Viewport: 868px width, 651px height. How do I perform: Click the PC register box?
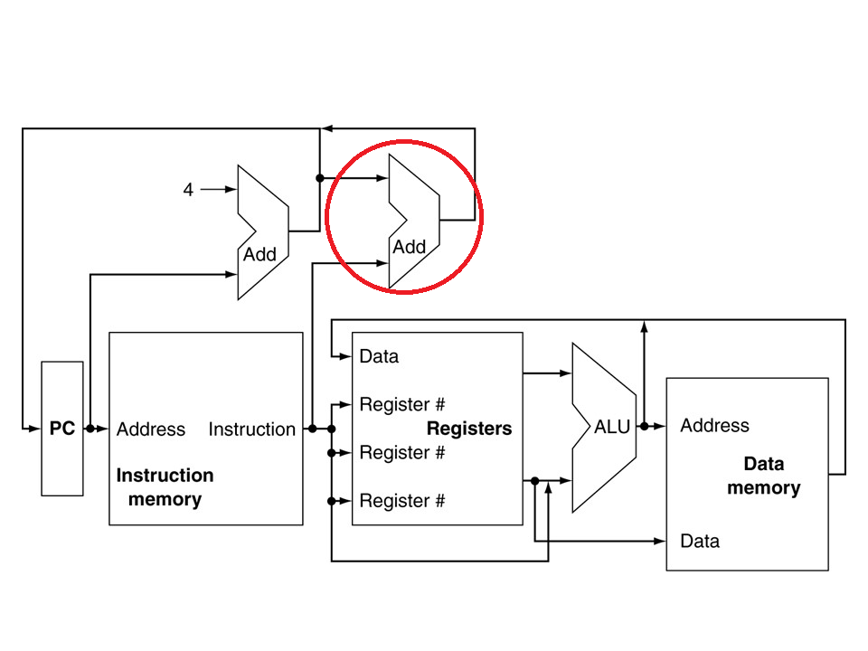tap(62, 429)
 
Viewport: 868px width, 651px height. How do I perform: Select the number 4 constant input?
tap(188, 190)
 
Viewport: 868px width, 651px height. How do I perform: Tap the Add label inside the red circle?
tap(409, 247)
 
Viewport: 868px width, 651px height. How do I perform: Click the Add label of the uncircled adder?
tap(259, 255)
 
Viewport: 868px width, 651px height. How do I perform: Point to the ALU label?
tap(612, 427)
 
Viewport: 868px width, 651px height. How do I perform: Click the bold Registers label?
tap(469, 429)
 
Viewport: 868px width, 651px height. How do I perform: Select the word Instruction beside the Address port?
tap(252, 429)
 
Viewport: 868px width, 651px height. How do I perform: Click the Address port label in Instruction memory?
tap(151, 429)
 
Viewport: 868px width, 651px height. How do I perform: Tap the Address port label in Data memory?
tap(714, 425)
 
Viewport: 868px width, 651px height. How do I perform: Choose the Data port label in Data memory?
tap(700, 541)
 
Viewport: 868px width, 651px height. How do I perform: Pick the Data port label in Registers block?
tap(379, 356)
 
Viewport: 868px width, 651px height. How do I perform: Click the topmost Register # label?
tap(401, 404)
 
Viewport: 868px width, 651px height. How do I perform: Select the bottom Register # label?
tap(401, 500)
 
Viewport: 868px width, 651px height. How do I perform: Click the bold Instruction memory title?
tap(165, 487)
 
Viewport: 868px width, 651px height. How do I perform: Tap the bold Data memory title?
tap(764, 476)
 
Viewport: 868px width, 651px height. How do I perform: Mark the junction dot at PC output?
tap(90, 429)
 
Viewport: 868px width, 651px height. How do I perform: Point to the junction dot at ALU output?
tap(645, 426)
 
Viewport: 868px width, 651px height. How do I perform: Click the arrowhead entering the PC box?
tap(35, 429)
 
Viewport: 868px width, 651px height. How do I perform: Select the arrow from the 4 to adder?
tap(219, 189)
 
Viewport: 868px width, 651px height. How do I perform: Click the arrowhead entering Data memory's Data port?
tap(660, 541)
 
